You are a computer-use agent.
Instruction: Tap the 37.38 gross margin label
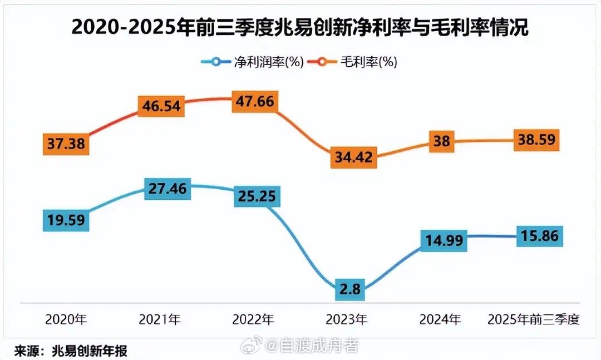pyautogui.click(x=66, y=145)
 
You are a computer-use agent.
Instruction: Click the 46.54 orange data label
pyautogui.click(x=161, y=106)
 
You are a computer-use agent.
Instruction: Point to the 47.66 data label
pyautogui.click(x=255, y=104)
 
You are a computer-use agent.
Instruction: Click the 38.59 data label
pyautogui.click(x=536, y=140)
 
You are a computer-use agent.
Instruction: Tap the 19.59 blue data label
pyautogui.click(x=66, y=220)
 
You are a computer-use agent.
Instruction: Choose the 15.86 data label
pyautogui.click(x=539, y=235)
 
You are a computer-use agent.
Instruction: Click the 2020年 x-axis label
pyautogui.click(x=66, y=319)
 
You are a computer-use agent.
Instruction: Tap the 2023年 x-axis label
pyautogui.click(x=346, y=319)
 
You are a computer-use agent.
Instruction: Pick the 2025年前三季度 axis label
pyautogui.click(x=534, y=319)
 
